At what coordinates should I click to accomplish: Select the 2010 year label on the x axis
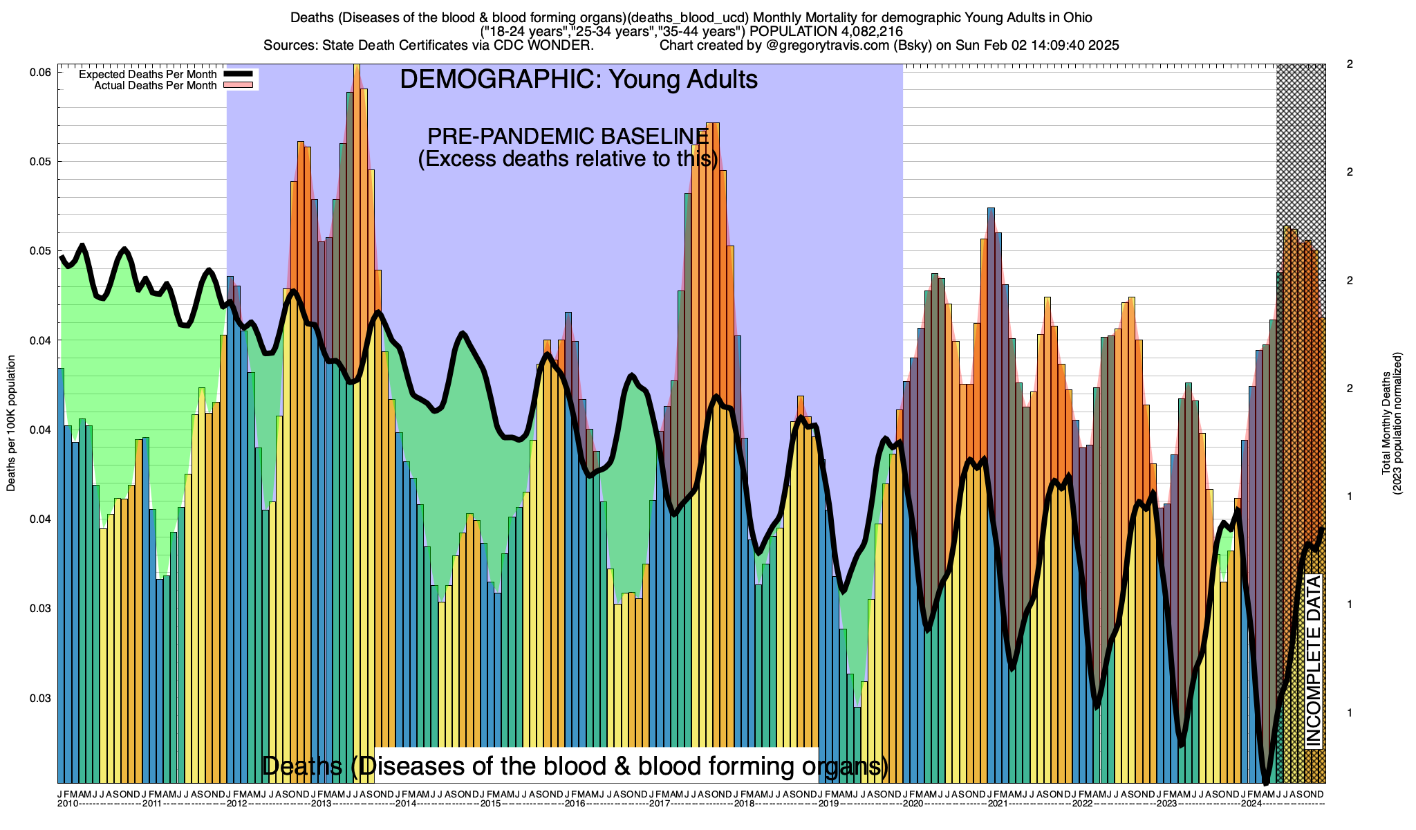click(x=68, y=804)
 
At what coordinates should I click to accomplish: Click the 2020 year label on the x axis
click(x=913, y=804)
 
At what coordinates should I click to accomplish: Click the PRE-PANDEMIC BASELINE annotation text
click(x=568, y=136)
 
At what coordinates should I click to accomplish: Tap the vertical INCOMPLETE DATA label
click(x=1312, y=661)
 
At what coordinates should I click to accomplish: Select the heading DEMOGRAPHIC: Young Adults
click(x=579, y=80)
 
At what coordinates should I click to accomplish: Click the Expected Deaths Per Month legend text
click(x=147, y=74)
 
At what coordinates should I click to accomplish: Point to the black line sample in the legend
click(x=239, y=74)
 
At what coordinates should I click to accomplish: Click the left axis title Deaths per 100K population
click(x=11, y=423)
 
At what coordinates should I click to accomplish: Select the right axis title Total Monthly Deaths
click(x=1386, y=423)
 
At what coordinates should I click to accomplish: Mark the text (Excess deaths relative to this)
click(x=568, y=159)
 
